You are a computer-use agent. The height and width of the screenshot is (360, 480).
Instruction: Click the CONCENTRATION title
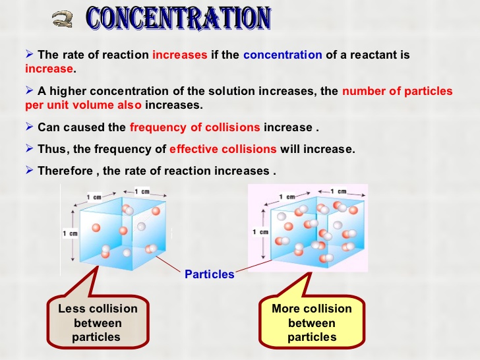(179, 18)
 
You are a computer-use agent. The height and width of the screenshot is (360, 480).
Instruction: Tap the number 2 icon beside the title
(63, 19)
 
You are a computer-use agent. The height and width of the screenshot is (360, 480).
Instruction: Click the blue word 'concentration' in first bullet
(283, 55)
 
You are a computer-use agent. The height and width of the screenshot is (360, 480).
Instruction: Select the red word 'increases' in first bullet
(180, 55)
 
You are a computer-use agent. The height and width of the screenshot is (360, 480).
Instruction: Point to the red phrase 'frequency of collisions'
(195, 127)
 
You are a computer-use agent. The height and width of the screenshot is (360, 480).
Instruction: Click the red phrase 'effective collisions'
(223, 149)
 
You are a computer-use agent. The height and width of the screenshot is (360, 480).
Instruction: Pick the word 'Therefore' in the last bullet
(65, 171)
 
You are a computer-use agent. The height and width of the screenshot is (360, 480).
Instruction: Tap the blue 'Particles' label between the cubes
(210, 274)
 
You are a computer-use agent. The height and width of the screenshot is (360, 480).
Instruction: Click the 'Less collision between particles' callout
(98, 322)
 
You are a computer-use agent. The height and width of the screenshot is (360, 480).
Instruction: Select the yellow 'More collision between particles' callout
(312, 322)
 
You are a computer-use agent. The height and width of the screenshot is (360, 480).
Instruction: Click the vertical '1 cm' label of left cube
(70, 233)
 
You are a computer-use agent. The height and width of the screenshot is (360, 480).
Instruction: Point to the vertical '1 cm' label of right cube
(260, 232)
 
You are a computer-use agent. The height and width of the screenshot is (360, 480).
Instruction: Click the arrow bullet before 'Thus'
(30, 148)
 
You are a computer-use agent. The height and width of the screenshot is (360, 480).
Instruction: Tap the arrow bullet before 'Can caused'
(30, 127)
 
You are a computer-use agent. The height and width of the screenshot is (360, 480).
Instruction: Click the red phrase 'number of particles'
(398, 91)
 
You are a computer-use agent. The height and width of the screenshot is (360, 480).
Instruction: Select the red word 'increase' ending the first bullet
(49, 69)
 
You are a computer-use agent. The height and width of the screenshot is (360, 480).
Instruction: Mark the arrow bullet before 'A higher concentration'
(30, 90)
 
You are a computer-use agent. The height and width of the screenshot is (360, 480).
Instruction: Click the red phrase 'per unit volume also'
(83, 105)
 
